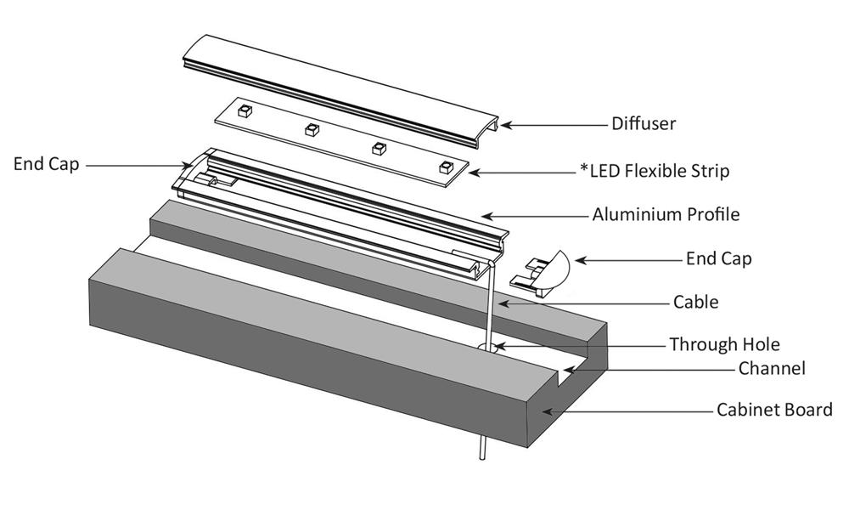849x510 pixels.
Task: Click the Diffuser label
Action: tap(644, 124)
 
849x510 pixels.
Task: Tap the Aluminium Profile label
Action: tap(666, 214)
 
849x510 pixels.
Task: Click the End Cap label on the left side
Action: tap(46, 164)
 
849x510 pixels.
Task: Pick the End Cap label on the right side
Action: tap(718, 258)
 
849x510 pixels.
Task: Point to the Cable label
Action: tap(695, 302)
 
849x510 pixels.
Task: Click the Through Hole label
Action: tap(724, 344)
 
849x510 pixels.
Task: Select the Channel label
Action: tap(772, 369)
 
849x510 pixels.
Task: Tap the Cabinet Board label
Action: tap(774, 411)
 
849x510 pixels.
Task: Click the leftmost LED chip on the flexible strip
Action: tap(244, 110)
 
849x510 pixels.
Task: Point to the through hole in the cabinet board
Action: tap(490, 348)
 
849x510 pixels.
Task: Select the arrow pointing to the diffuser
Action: tap(552, 125)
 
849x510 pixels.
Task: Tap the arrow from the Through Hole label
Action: tap(577, 345)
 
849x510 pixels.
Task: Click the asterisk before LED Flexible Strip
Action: tap(584, 167)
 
